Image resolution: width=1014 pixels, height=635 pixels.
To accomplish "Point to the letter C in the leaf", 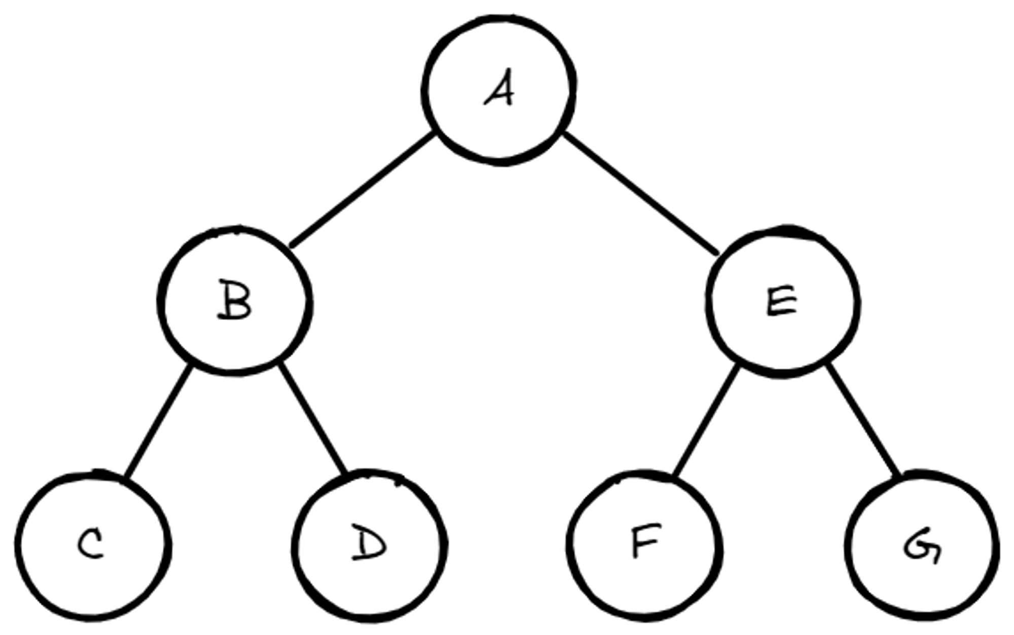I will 91,544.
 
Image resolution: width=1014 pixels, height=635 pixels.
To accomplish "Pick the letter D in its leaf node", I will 369,543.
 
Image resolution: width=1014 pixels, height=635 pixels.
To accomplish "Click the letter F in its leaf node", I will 645,541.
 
